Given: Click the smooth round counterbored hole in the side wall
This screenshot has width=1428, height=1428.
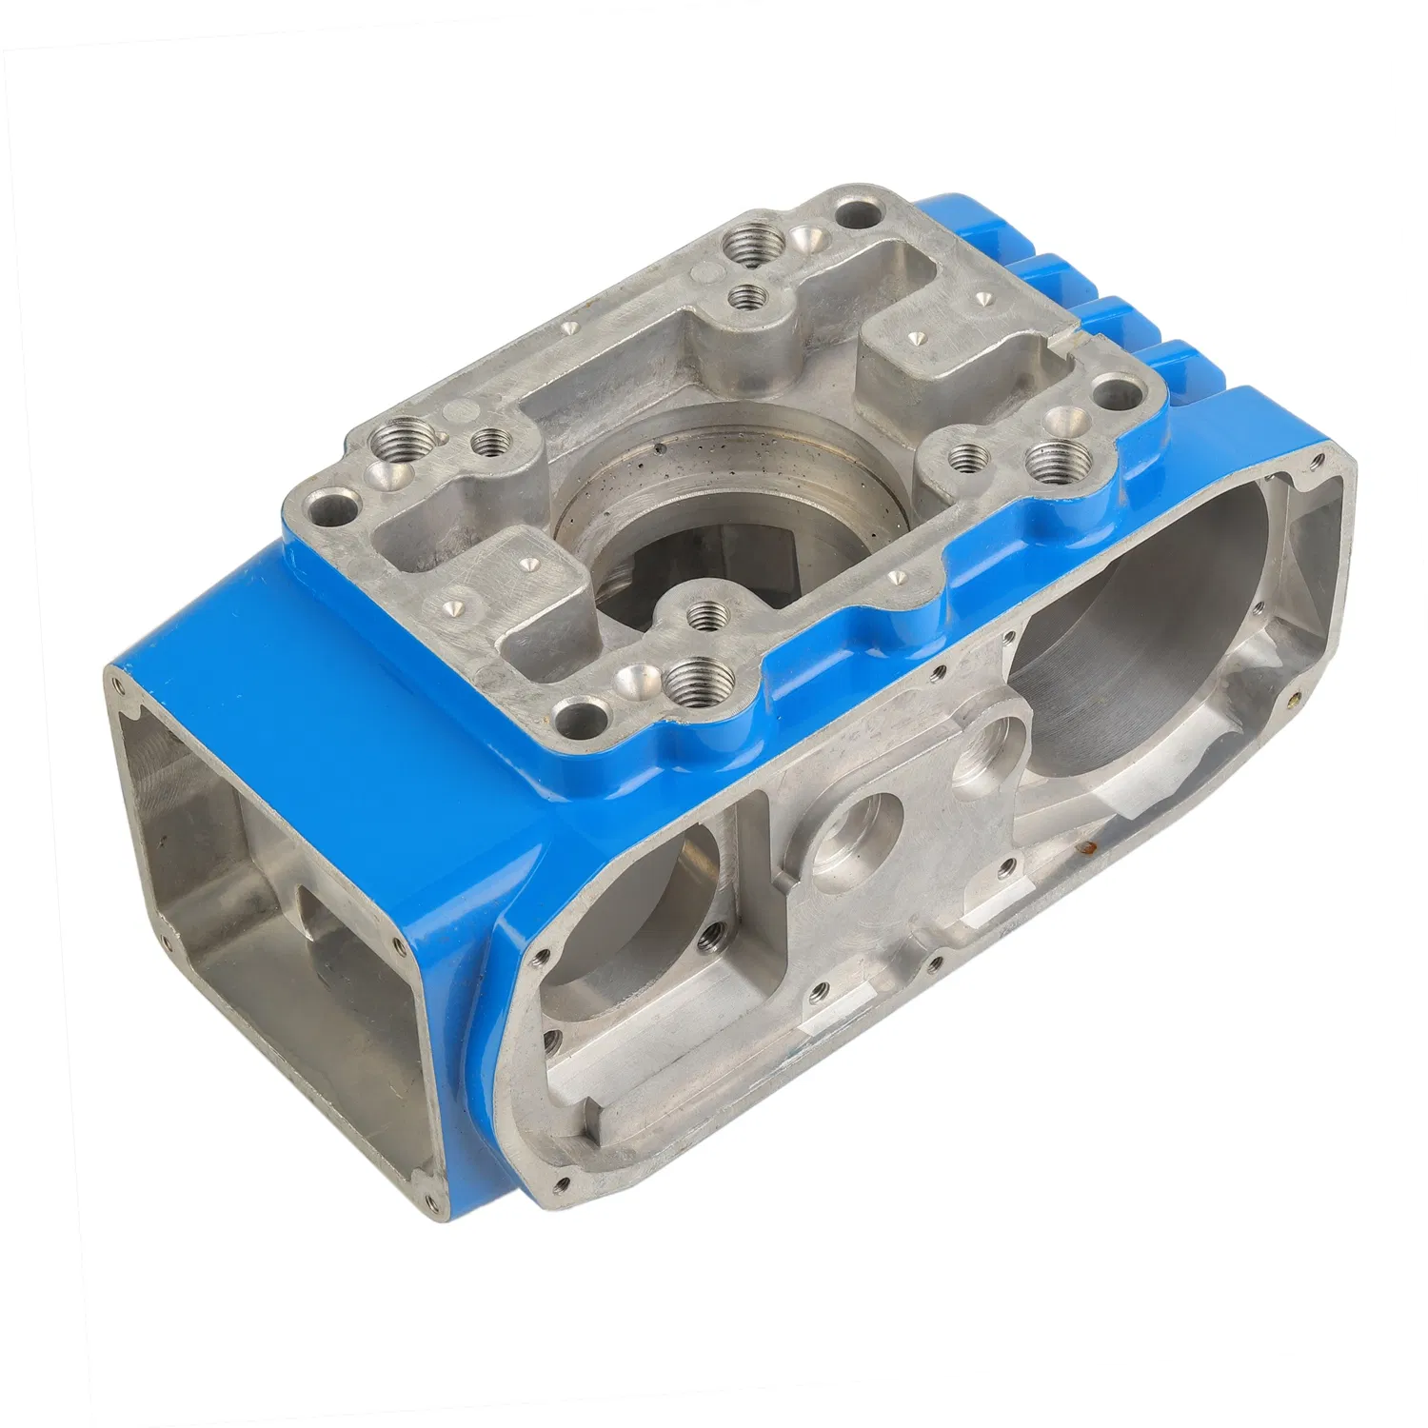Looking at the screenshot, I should [855, 836].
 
